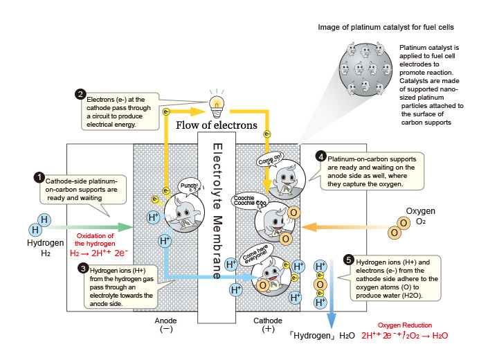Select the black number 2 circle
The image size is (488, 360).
click(x=80, y=95)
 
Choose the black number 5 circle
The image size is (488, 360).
click(x=349, y=260)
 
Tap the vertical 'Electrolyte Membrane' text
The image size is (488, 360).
click(x=216, y=211)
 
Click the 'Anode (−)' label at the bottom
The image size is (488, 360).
click(x=166, y=325)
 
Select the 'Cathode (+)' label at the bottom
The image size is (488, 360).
click(x=266, y=325)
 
